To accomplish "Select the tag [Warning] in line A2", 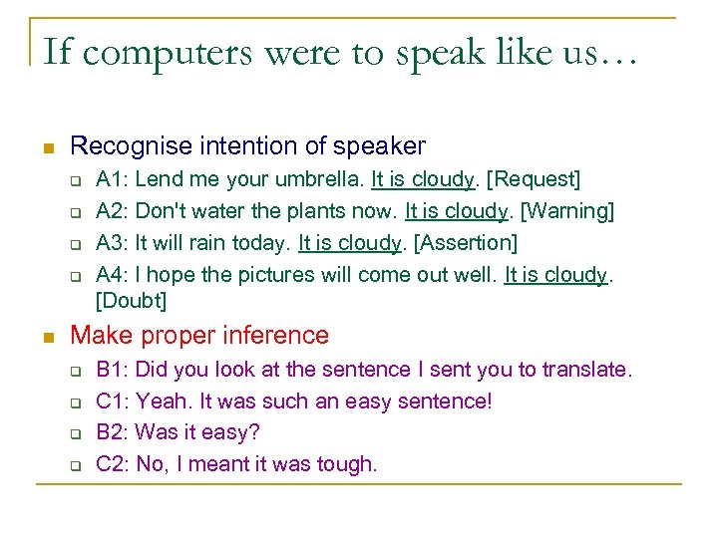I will [568, 211].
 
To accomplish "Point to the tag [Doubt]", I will [131, 300].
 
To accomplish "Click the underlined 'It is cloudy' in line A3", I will [349, 243].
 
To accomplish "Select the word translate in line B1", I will [586, 370].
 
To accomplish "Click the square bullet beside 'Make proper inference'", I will [44, 337].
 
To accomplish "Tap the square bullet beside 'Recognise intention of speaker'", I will [44, 148].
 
